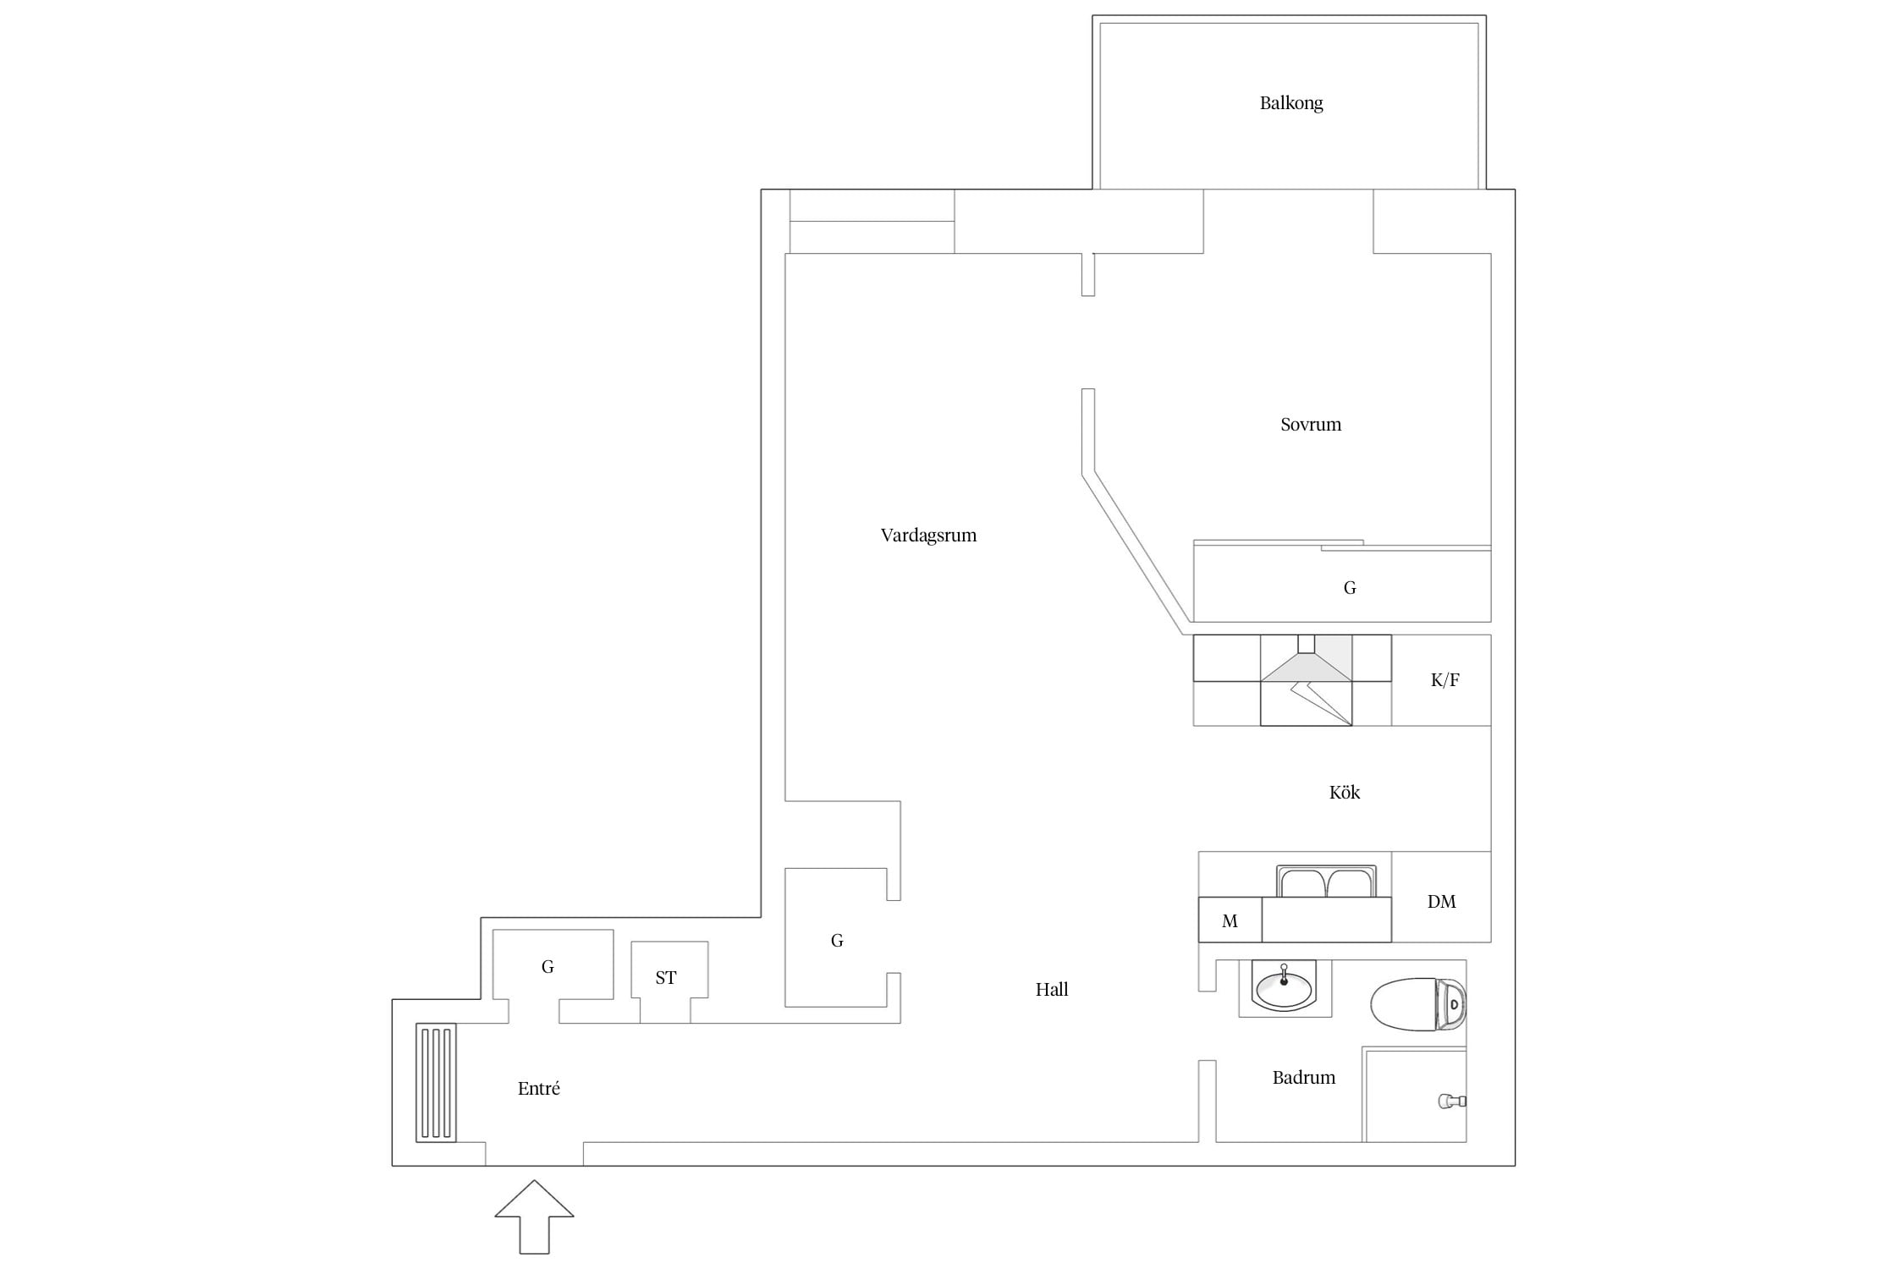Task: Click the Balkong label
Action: pos(1290,103)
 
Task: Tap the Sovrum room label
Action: pos(1311,425)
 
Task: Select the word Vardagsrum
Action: pos(928,536)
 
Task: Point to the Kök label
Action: pos(1345,792)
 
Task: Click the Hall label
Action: pos(1052,989)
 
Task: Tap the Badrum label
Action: pos(1304,1078)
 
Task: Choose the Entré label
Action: pos(539,1089)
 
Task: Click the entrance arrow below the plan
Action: pos(534,1217)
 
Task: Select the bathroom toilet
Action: pos(1417,1005)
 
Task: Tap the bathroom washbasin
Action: pos(1285,987)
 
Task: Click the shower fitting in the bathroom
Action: pos(1452,1101)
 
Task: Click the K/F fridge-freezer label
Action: pos(1445,680)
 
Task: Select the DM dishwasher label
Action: pos(1442,902)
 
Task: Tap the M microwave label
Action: pos(1230,921)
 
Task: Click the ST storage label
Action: pos(666,978)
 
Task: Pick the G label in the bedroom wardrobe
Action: pos(1350,588)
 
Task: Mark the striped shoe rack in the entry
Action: pos(436,1083)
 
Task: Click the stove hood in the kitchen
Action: pos(1307,659)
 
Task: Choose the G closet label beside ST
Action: pos(548,967)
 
